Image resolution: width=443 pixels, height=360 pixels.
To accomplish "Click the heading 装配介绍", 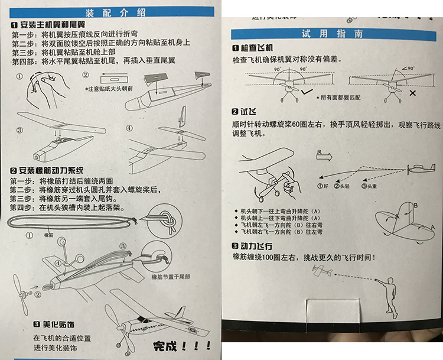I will [110, 11].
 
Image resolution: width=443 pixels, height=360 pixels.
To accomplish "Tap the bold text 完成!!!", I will [182, 346].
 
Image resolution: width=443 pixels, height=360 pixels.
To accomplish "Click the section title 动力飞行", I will [254, 246].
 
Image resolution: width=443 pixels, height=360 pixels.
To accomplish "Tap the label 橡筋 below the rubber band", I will [50, 235].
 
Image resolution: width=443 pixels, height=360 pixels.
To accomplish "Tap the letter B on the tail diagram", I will [415, 205].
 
